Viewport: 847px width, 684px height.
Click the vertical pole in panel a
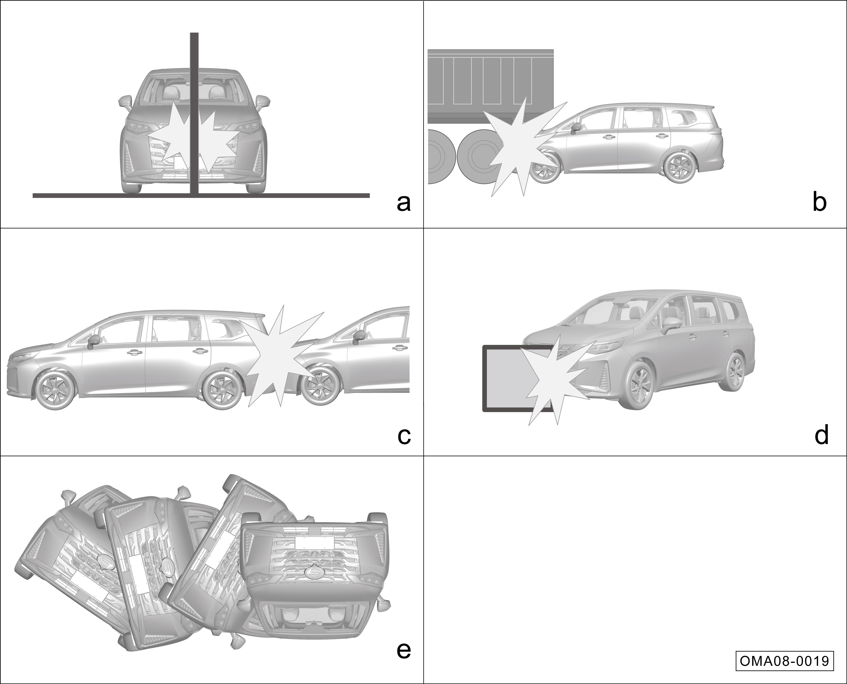click(x=194, y=113)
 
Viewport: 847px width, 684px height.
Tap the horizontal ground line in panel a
click(x=201, y=195)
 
